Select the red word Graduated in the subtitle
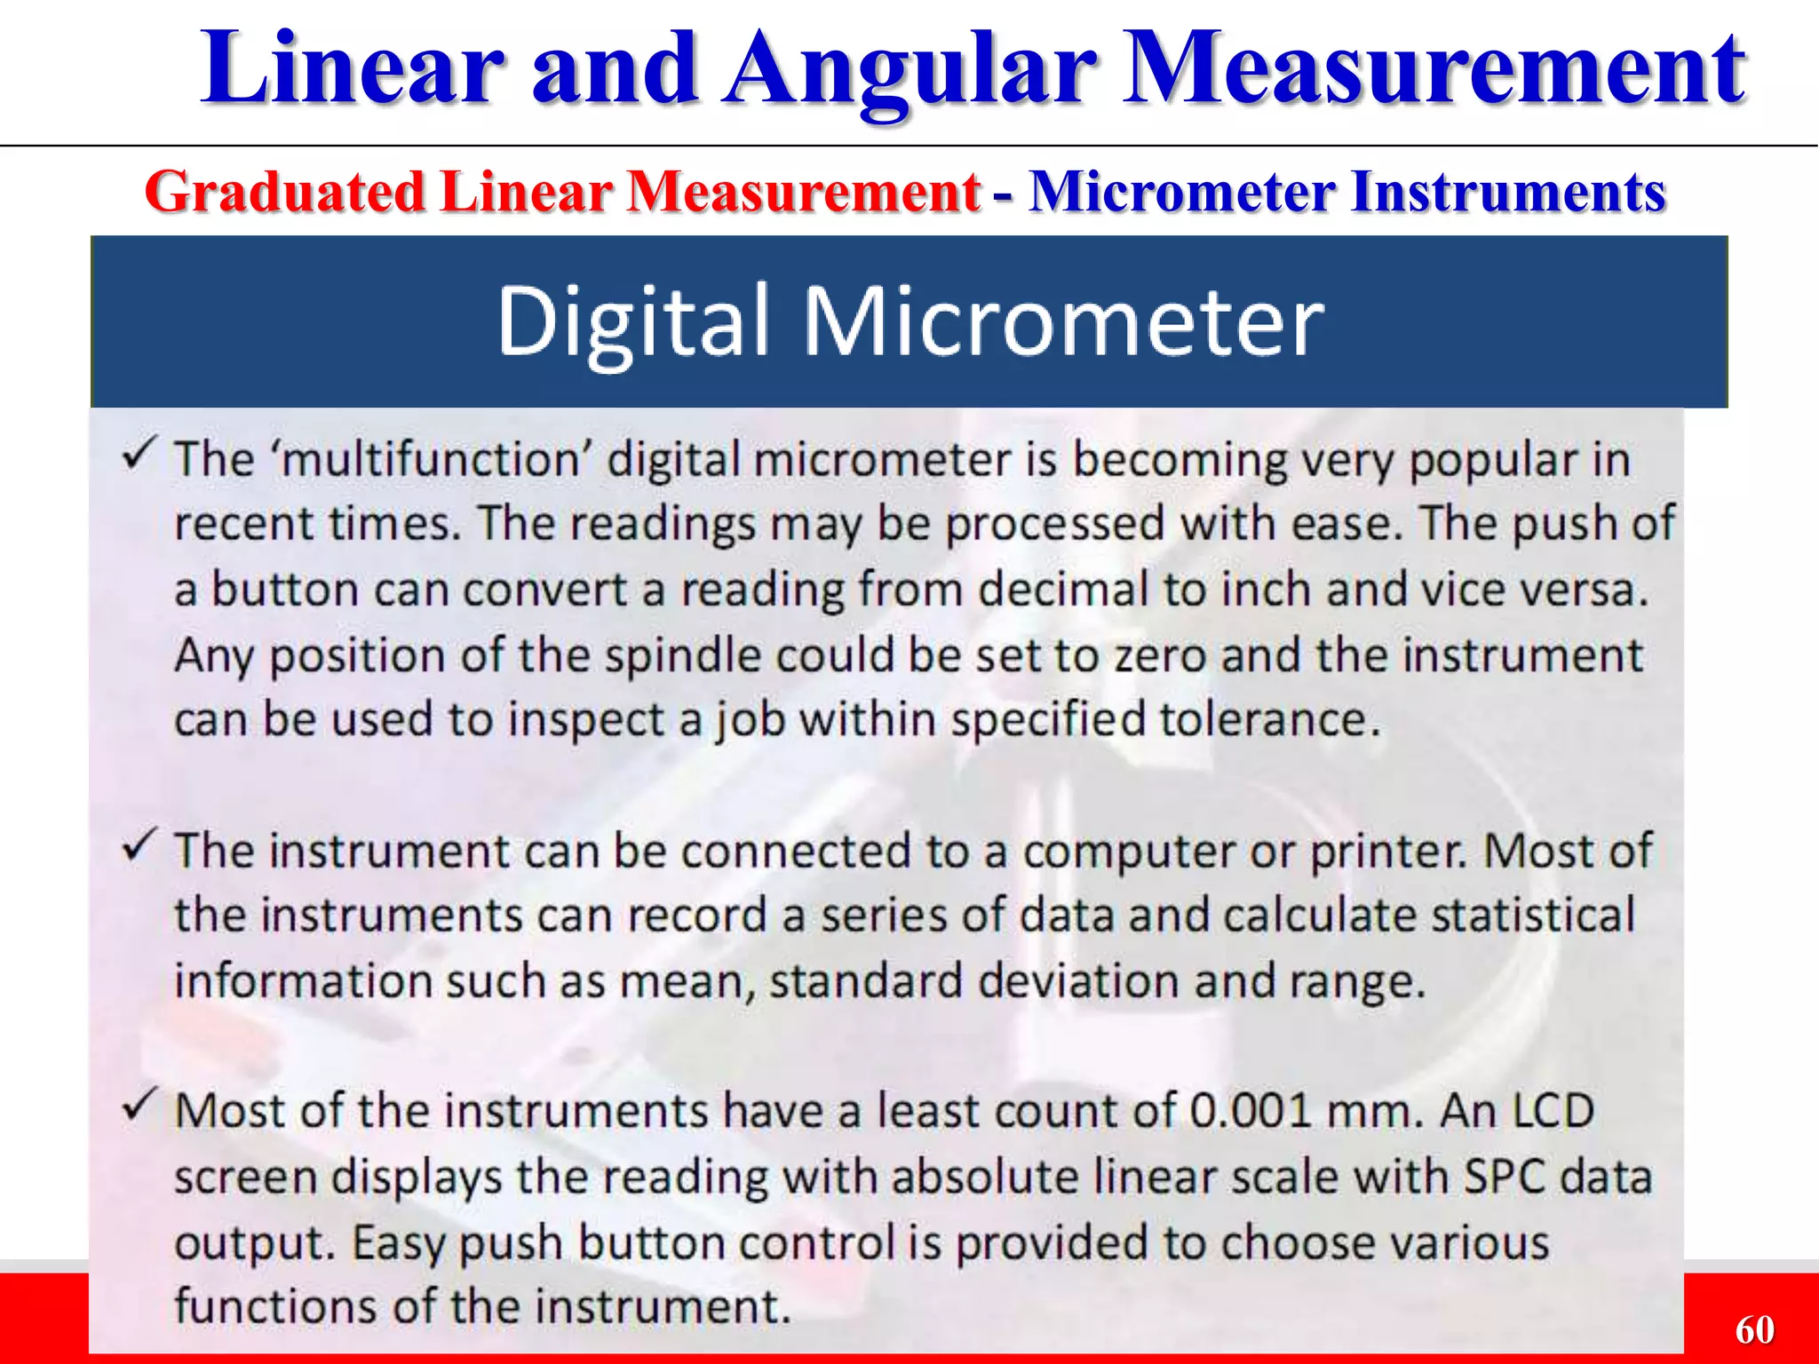285,193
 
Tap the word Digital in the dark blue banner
631,321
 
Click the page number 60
1754,1329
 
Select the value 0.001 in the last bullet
1250,1111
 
